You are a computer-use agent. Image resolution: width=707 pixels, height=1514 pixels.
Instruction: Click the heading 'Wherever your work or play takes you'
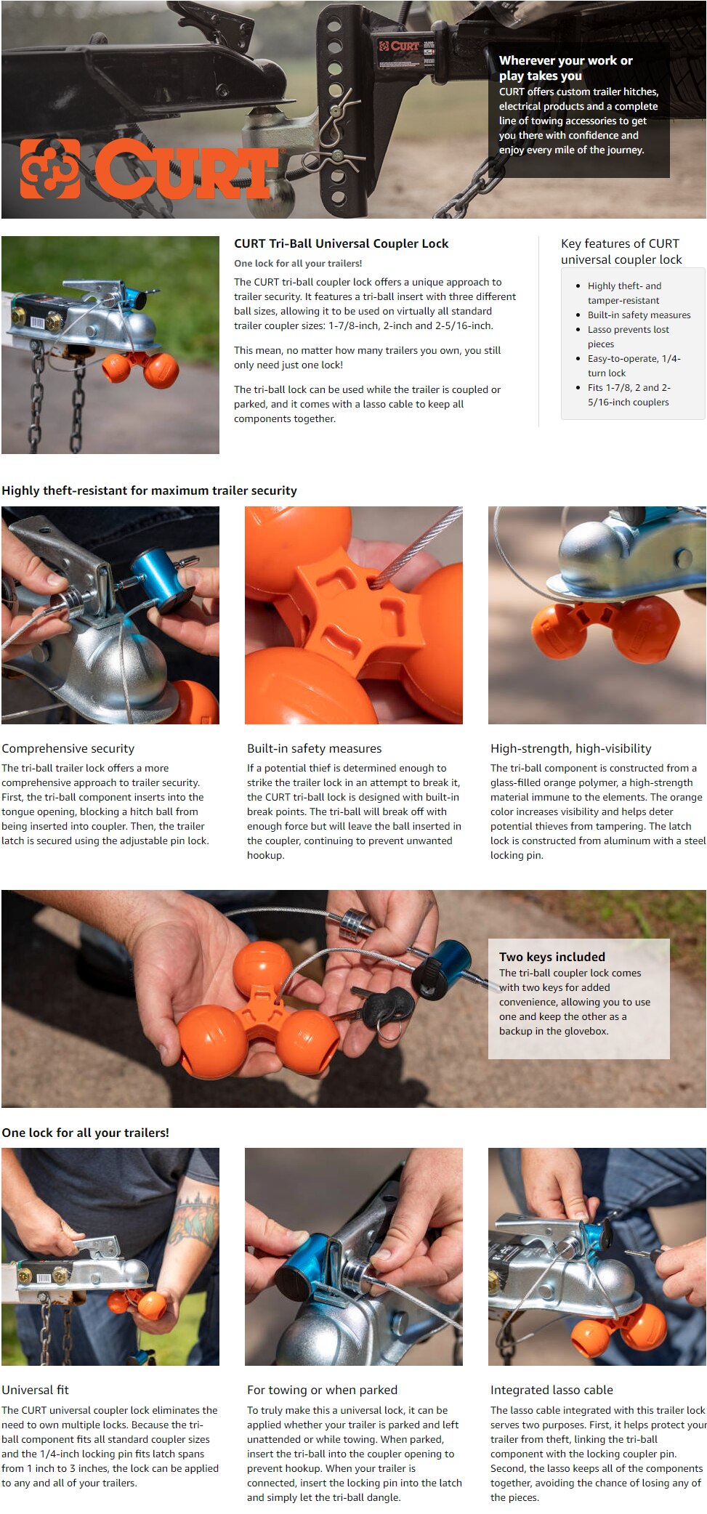[565, 68]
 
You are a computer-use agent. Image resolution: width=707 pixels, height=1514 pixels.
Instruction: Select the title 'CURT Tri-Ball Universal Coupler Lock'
[341, 243]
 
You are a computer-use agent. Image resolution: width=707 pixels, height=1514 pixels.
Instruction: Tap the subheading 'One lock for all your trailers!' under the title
[298, 263]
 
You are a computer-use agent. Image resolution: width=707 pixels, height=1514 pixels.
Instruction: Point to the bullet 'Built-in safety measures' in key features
[639, 315]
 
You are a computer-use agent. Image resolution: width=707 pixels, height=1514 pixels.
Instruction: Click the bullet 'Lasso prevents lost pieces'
[628, 336]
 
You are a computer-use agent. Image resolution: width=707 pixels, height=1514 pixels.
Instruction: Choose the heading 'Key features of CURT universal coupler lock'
[621, 251]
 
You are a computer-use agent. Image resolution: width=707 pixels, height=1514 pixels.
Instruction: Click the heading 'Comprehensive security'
[68, 748]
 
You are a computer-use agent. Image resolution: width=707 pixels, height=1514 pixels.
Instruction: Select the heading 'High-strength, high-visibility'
[570, 748]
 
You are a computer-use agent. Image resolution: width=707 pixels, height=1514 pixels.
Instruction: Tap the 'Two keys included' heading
[552, 957]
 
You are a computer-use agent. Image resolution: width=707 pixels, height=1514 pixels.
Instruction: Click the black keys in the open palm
[385, 1005]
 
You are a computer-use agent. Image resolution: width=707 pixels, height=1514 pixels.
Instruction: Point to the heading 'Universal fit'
[35, 1390]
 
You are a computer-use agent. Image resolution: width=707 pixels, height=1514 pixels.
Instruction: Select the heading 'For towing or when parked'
[322, 1390]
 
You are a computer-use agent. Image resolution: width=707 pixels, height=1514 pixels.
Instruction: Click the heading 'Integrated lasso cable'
[552, 1390]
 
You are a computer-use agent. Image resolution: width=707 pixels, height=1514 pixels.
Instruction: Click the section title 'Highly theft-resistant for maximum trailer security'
[149, 490]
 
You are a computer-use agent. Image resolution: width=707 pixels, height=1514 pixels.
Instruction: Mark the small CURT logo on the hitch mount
[399, 46]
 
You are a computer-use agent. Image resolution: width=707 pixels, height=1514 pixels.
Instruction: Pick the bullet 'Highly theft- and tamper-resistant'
[623, 293]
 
